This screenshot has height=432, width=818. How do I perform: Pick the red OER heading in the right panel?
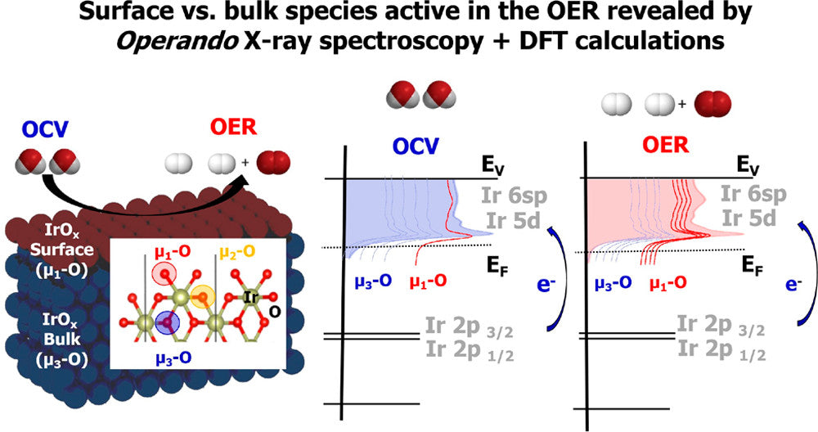click(x=651, y=147)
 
